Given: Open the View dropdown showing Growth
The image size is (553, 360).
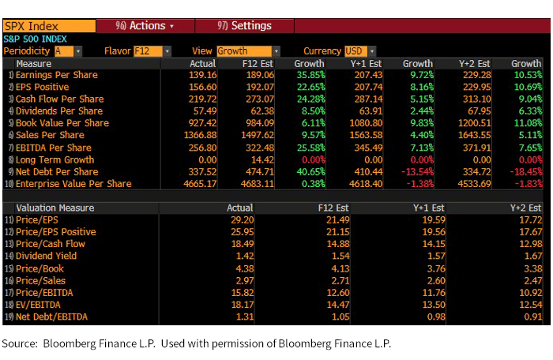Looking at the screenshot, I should [x=248, y=51].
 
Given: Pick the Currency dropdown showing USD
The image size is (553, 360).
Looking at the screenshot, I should [x=360, y=51].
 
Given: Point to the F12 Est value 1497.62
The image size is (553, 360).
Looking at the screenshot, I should [x=257, y=135].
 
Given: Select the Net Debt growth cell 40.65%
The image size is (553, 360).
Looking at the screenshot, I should [x=308, y=171].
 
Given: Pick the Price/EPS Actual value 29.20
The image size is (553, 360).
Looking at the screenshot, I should [x=239, y=220].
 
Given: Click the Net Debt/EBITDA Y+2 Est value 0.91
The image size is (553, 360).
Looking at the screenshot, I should [x=531, y=317].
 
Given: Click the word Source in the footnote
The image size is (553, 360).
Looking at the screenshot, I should [x=20, y=344].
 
